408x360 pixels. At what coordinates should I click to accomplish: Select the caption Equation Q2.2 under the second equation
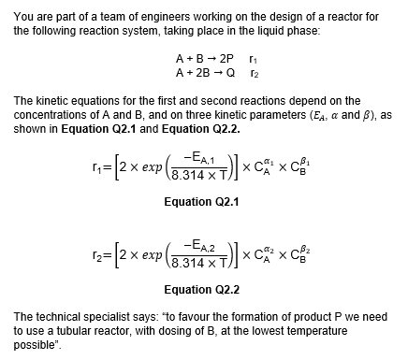[202, 289]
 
